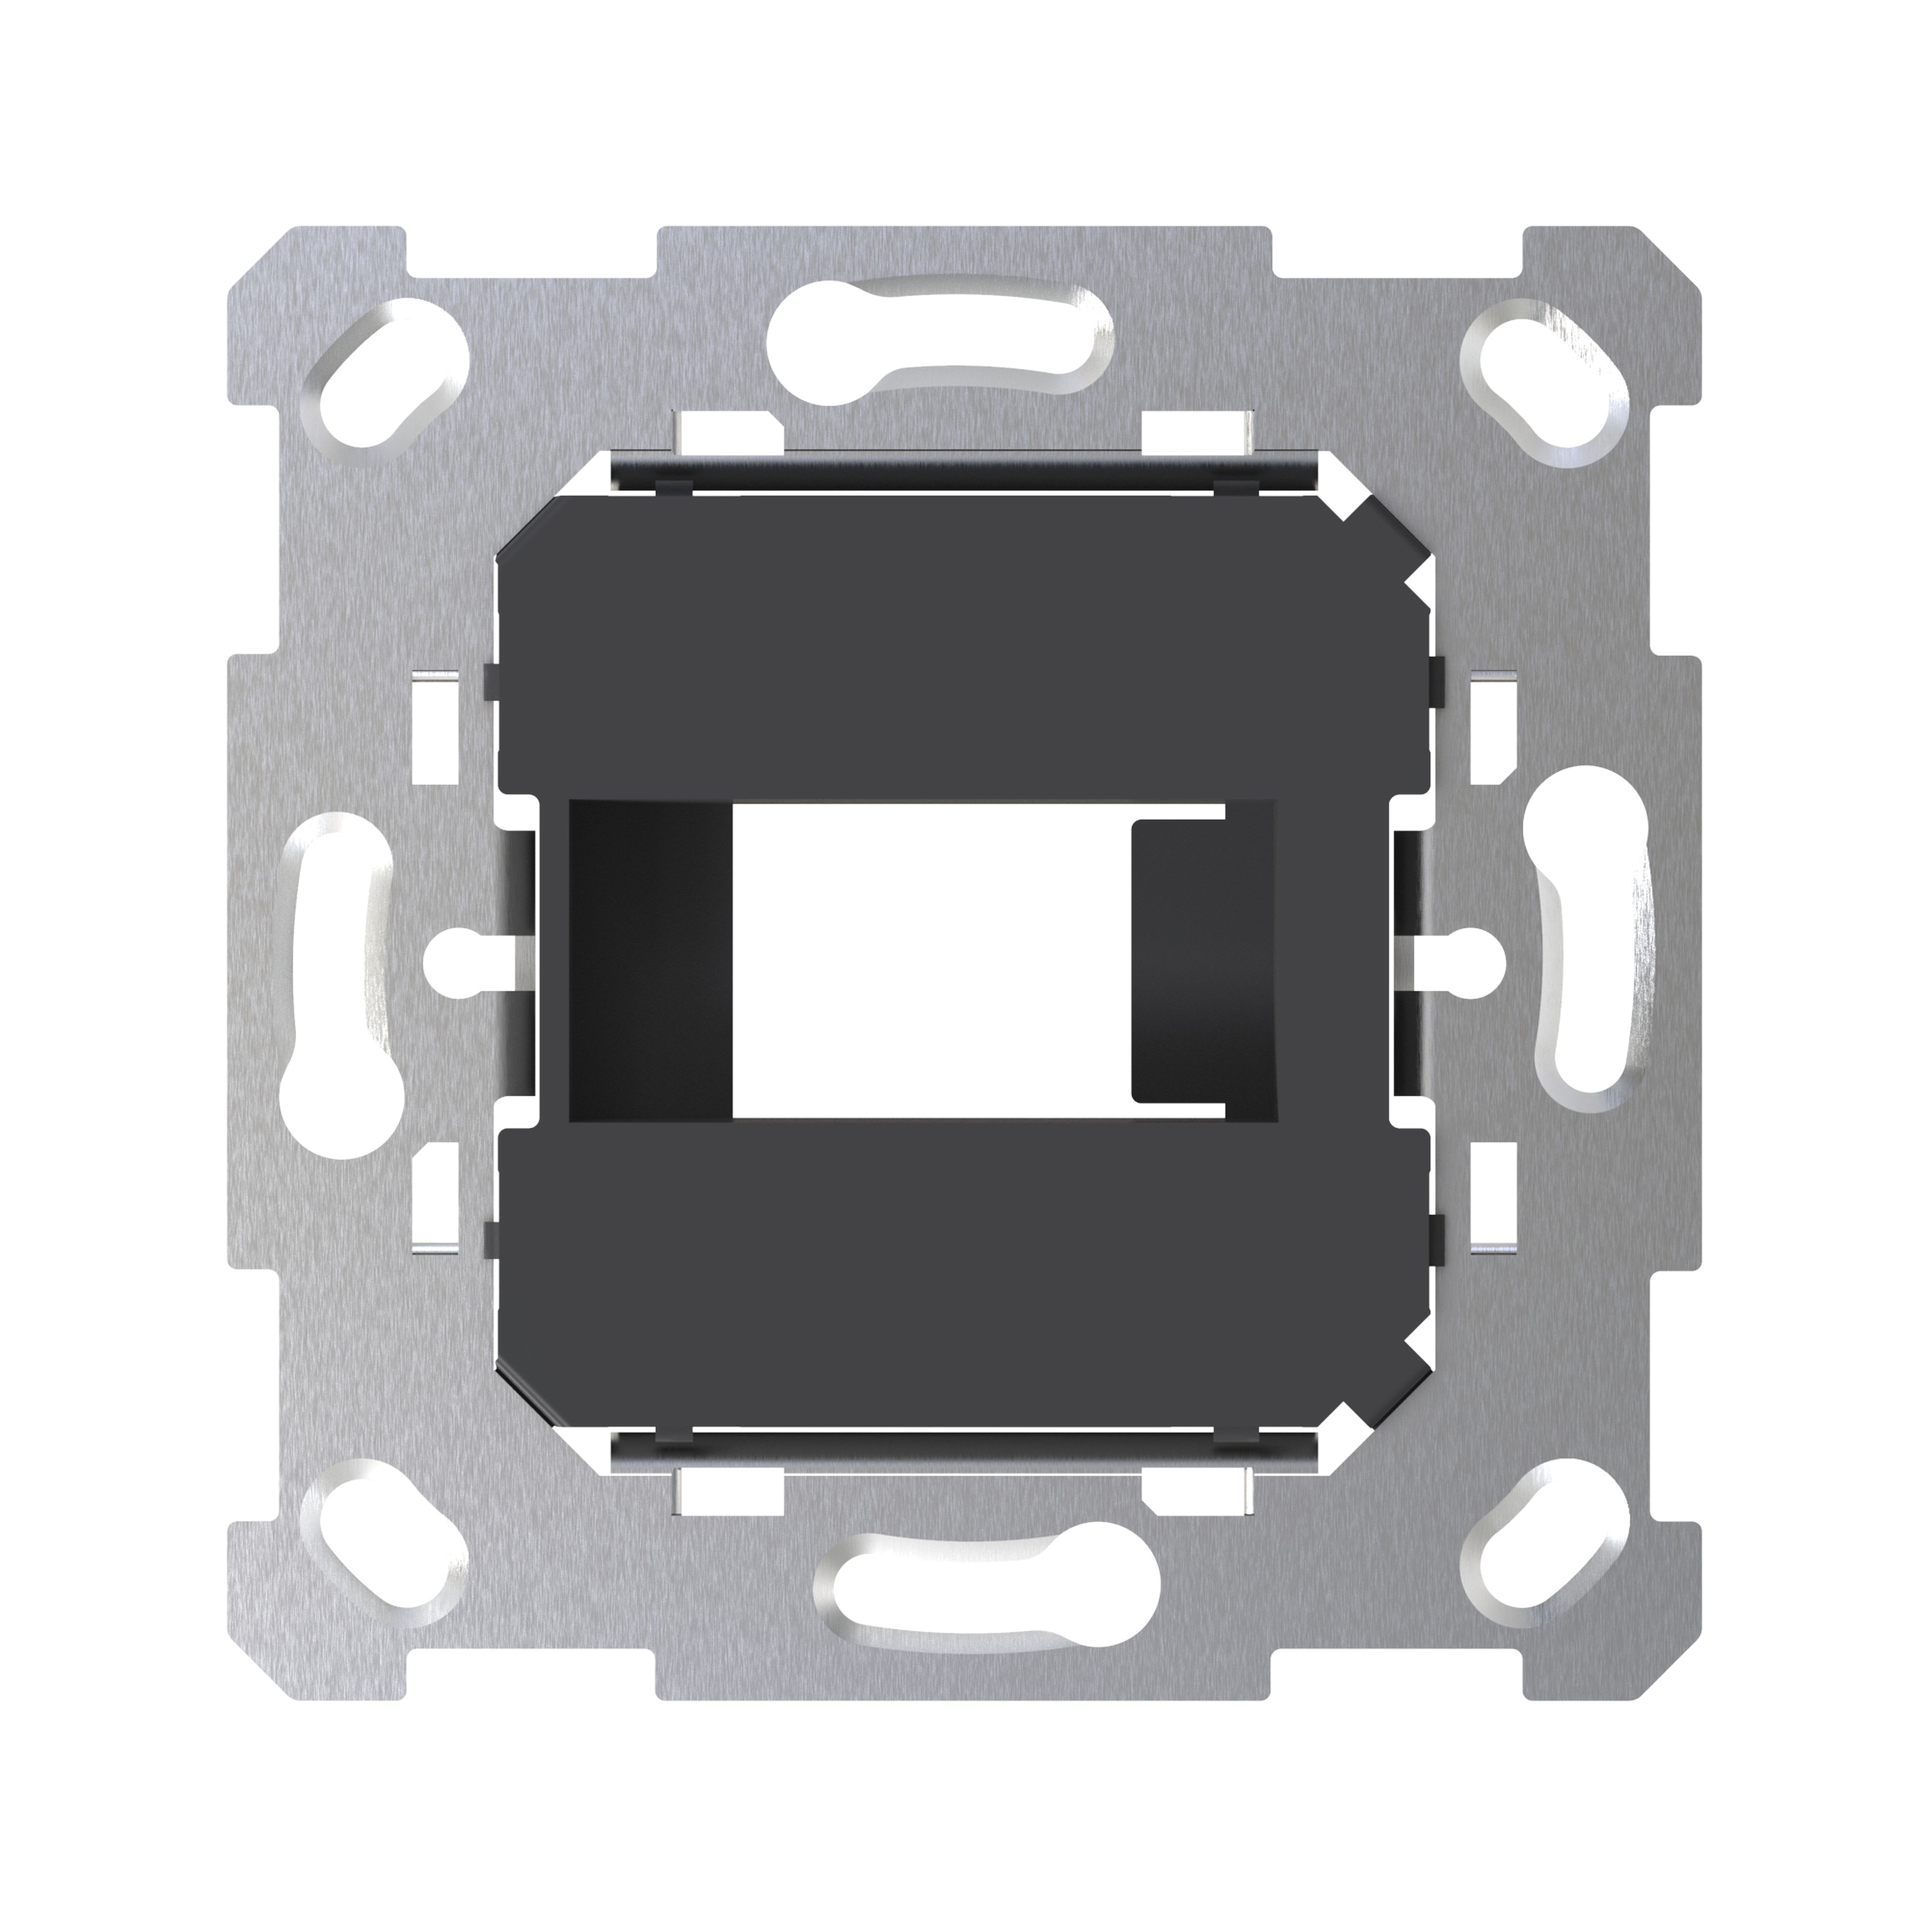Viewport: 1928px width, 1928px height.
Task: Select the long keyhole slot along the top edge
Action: point(938,339)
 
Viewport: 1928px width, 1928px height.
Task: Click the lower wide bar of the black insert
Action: point(958,1267)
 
